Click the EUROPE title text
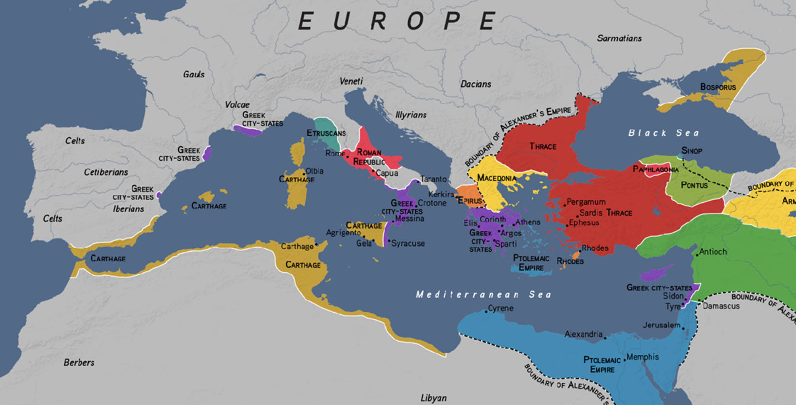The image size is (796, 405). pos(397,21)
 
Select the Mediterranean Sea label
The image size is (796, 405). pos(483,294)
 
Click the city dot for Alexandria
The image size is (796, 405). pos(605,338)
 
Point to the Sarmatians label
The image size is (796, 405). pos(619,38)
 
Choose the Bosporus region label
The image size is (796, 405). pos(718,87)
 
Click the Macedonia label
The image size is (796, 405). pos(496,178)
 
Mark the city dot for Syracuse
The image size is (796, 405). pos(389,241)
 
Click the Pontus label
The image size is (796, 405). pos(694,185)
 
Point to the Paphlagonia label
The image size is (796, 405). pos(655,169)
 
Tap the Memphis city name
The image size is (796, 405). pos(642,357)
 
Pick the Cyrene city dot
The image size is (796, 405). pos(486,311)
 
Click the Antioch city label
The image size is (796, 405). pos(713,252)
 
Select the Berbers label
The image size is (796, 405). pos(79,362)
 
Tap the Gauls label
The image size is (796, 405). pos(193,74)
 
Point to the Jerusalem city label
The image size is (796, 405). pos(661,325)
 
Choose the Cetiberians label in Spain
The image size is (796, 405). pos(106,172)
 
